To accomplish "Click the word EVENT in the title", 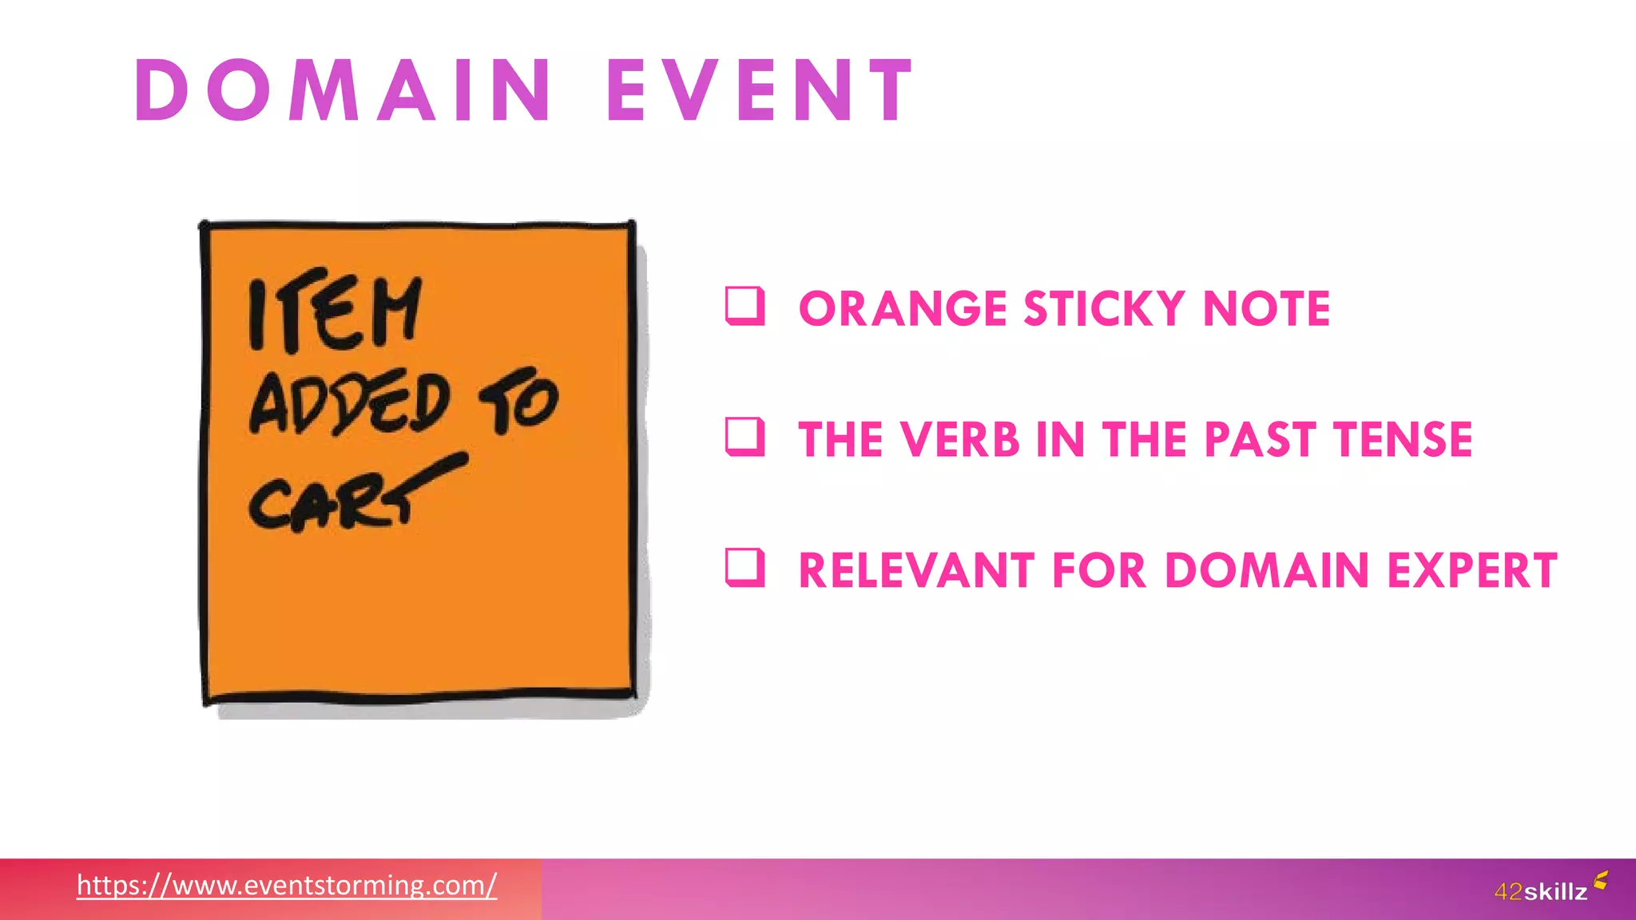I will (x=760, y=91).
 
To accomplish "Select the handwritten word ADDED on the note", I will (x=350, y=403).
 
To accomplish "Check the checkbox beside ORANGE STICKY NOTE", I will (x=745, y=307).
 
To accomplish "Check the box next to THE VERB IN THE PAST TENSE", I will (x=745, y=437).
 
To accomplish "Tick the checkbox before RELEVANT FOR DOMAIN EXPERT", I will (x=745, y=568).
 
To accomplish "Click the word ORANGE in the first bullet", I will (x=903, y=309).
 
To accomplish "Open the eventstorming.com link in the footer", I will (x=287, y=886).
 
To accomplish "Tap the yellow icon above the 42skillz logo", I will (x=1600, y=880).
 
